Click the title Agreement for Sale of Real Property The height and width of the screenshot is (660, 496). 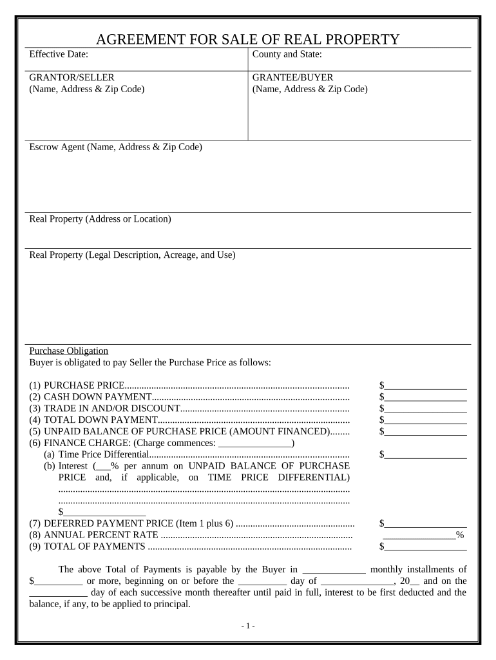click(247, 39)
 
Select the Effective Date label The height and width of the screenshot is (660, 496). click(59, 55)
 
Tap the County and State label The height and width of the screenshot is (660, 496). click(287, 55)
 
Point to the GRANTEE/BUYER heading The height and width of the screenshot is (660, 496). click(292, 77)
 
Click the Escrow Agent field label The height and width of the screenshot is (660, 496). click(116, 147)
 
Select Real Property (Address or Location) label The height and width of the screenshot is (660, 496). click(100, 219)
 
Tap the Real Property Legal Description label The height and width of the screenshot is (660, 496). click(133, 255)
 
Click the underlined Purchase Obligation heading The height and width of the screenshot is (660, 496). click(69, 351)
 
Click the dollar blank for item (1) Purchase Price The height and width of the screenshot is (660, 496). click(426, 386)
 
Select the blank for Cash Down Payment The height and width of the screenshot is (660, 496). click(426, 397)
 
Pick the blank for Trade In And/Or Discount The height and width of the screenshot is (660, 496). click(426, 409)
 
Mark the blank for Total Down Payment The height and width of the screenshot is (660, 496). click(426, 420)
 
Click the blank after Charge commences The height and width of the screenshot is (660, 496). click(255, 443)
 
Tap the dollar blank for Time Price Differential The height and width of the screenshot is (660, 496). click(426, 455)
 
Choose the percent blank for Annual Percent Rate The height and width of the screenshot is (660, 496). click(419, 535)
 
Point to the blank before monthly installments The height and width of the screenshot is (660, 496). click(334, 569)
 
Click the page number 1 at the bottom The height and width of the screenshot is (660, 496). click(248, 626)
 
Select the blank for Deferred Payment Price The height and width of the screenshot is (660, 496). click(426, 523)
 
